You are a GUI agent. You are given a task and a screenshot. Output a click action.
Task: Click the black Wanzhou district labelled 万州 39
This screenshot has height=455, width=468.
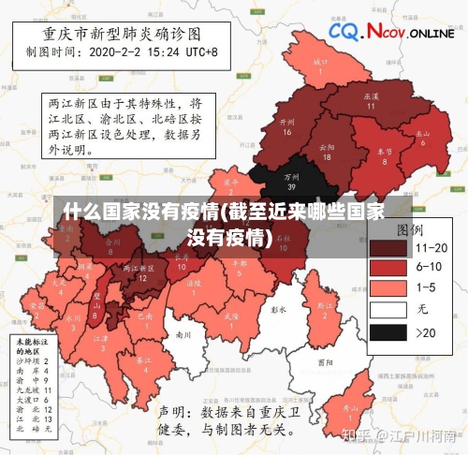pos(293,179)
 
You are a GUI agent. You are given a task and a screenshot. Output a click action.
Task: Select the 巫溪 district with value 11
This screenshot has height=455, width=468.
pos(371,100)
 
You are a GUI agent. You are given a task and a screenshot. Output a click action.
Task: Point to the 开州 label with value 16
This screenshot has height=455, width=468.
pos(287,126)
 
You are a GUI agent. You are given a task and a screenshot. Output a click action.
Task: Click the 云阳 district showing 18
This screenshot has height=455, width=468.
pos(326,151)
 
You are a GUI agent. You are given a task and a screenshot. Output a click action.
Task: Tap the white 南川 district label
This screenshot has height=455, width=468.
pos(183,333)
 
